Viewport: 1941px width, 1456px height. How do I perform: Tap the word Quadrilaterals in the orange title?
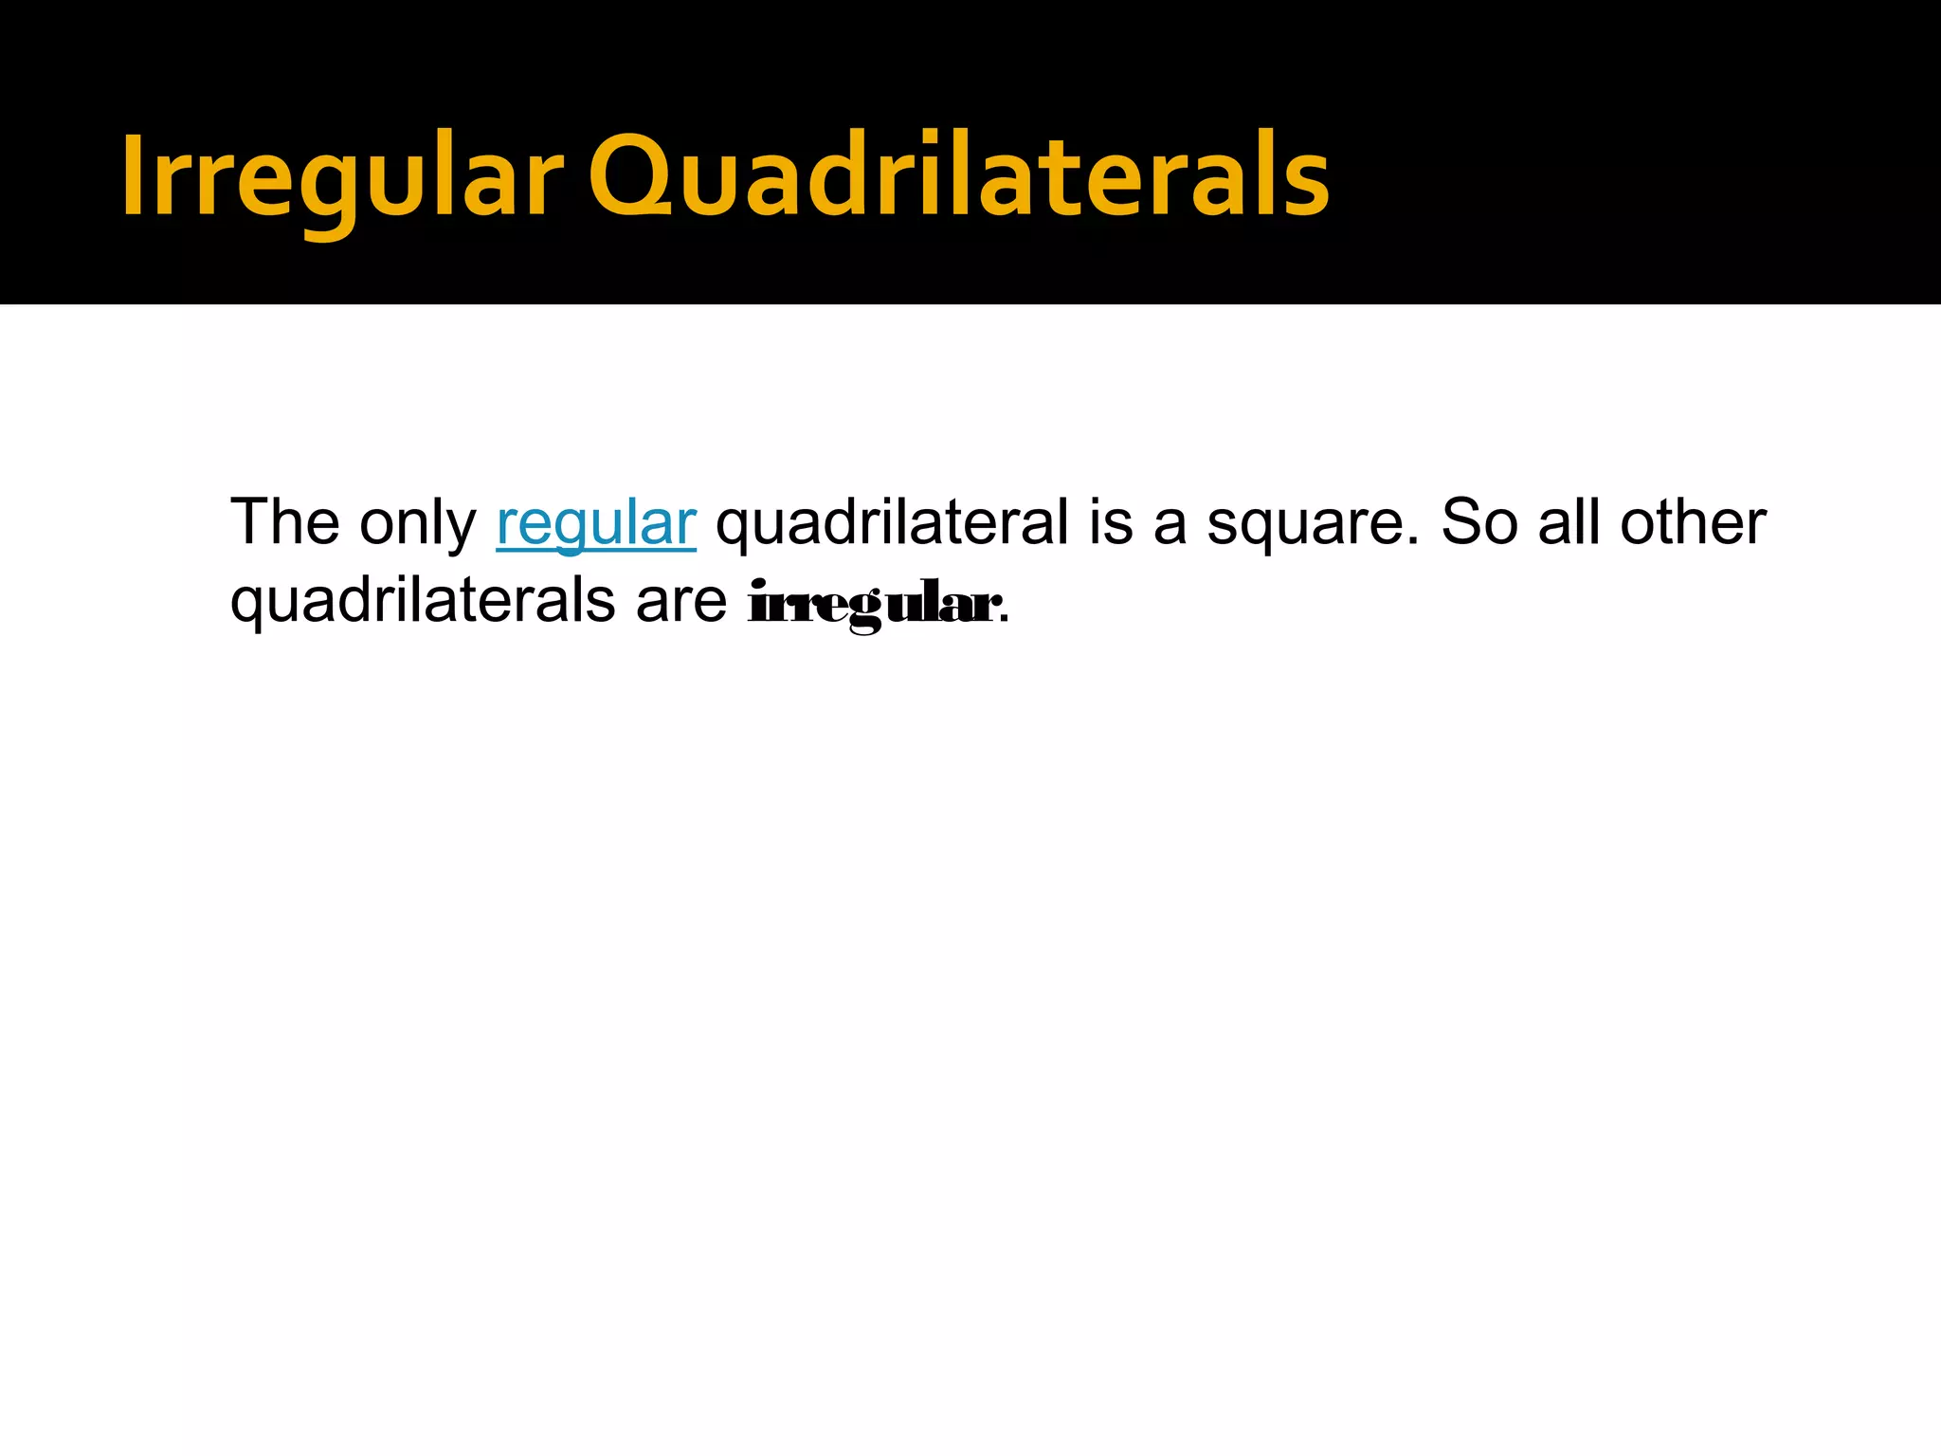[x=958, y=177]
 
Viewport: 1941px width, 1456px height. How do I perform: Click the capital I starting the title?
[x=133, y=174]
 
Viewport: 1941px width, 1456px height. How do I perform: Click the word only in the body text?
[x=418, y=524]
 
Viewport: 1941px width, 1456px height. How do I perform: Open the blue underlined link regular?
[x=596, y=524]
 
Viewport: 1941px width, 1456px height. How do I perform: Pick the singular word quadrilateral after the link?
[x=892, y=524]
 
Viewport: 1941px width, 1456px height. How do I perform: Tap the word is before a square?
[x=1110, y=522]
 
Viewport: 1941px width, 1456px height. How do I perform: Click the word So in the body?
[x=1478, y=522]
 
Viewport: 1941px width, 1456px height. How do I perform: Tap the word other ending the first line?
[x=1693, y=522]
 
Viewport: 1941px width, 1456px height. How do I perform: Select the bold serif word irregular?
[x=871, y=604]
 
